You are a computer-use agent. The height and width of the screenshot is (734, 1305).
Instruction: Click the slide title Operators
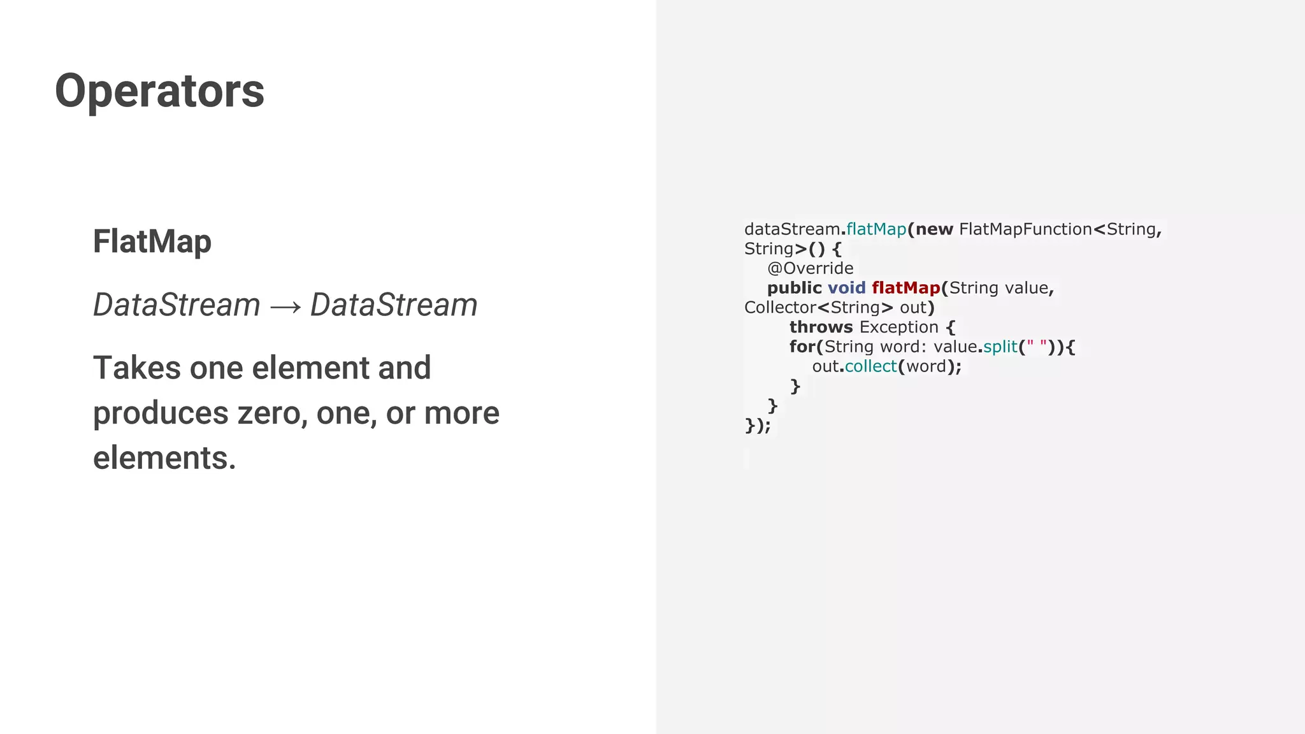tap(159, 90)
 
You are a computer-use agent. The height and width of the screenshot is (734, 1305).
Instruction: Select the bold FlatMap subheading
tap(152, 241)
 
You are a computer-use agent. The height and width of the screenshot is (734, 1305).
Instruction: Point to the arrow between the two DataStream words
tap(285, 306)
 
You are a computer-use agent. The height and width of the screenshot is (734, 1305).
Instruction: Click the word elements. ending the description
tap(164, 457)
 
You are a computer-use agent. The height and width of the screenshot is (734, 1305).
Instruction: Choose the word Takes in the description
tap(137, 368)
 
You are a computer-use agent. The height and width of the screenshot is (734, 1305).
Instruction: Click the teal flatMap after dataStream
tap(876, 229)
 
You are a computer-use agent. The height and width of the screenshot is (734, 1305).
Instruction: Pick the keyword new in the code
tap(934, 229)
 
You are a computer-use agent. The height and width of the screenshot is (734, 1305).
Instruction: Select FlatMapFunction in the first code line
tap(1025, 229)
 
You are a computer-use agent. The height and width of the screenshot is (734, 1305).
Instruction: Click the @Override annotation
tap(810, 268)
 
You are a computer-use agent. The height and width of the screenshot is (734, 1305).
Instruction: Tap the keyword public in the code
tap(794, 288)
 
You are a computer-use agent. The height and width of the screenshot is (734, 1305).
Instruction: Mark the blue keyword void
tap(846, 288)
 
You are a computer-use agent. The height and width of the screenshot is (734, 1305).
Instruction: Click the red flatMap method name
tap(905, 288)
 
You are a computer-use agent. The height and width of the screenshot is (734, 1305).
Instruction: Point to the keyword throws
tap(821, 327)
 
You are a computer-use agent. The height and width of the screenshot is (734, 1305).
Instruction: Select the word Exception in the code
tap(898, 327)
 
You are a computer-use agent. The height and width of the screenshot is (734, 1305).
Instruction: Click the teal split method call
tap(1000, 347)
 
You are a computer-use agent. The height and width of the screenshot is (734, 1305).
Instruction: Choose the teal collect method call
tap(870, 366)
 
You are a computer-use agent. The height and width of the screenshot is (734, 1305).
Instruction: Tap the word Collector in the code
tap(780, 308)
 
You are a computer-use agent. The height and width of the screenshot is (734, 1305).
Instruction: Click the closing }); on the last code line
tap(758, 426)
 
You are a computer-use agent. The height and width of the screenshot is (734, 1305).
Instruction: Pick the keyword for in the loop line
tap(802, 347)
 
